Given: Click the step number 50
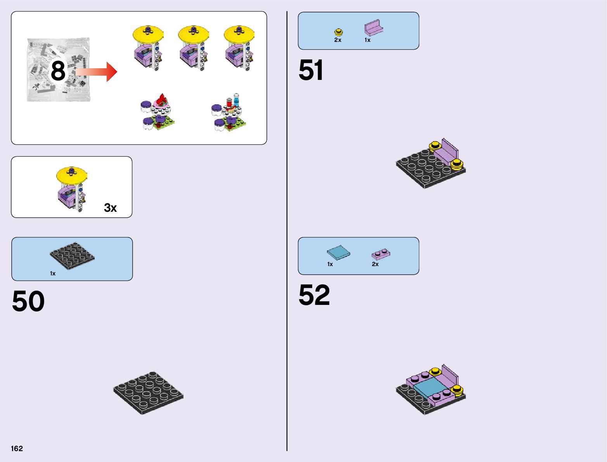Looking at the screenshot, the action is pyautogui.click(x=28, y=301).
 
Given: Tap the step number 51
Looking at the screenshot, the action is pyautogui.click(x=311, y=71).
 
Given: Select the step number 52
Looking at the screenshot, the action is pyautogui.click(x=314, y=295).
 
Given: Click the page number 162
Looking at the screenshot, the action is pyautogui.click(x=17, y=448).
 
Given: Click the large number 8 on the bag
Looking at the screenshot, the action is pyautogui.click(x=58, y=71).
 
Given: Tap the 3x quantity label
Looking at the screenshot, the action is pyautogui.click(x=110, y=208).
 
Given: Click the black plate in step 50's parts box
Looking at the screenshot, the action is pyautogui.click(x=72, y=255).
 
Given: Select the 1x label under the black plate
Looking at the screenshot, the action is pyautogui.click(x=53, y=273).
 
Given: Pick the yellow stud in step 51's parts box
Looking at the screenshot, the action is pyautogui.click(x=339, y=32).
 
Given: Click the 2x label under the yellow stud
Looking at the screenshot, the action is pyautogui.click(x=338, y=40).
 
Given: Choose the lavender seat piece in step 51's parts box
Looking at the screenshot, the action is pyautogui.click(x=374, y=28).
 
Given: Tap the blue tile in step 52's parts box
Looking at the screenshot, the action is pyautogui.click(x=338, y=253).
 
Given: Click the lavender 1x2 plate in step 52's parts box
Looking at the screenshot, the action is pyautogui.click(x=381, y=254).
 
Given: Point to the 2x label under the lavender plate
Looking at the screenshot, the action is pyautogui.click(x=375, y=264).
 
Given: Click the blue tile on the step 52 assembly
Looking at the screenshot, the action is pyautogui.click(x=430, y=388).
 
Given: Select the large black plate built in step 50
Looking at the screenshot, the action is pyautogui.click(x=148, y=393).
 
